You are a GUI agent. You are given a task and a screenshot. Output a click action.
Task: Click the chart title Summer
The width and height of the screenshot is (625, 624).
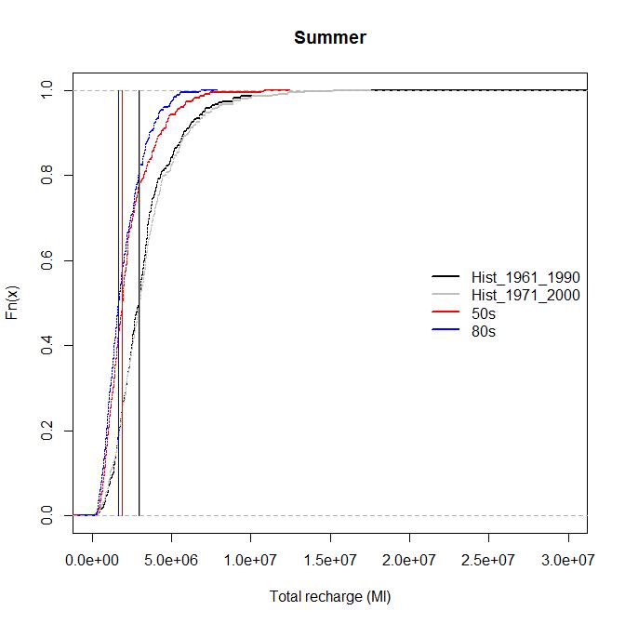[329, 38]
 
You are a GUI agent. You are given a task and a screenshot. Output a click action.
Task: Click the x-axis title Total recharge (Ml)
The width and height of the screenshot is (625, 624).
[329, 597]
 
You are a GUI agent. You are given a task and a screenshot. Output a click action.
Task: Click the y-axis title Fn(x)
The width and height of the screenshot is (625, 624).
[13, 303]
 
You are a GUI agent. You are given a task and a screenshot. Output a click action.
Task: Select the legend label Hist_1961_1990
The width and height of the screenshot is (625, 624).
[525, 278]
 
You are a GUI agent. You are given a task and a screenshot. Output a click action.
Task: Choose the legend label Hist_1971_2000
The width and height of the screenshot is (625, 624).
[525, 296]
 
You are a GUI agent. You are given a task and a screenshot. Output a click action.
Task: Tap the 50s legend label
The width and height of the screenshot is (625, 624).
[484, 313]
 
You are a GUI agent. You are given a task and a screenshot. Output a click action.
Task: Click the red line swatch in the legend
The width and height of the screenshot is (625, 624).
[445, 313]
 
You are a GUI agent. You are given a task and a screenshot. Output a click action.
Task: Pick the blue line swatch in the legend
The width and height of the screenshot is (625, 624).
[445, 331]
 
